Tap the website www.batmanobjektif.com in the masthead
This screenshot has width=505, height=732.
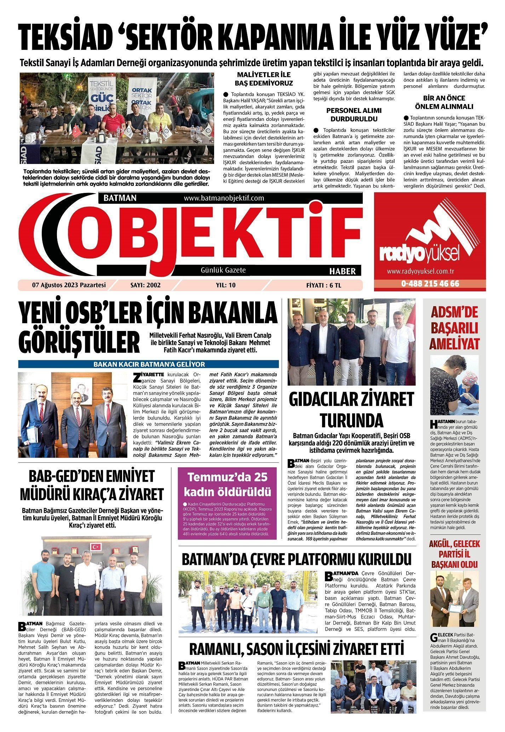[224, 198]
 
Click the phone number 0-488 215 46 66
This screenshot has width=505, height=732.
[430, 284]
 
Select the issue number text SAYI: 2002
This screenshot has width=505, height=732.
[145, 285]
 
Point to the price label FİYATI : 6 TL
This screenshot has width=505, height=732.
[324, 285]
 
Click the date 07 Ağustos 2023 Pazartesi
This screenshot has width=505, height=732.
[69, 285]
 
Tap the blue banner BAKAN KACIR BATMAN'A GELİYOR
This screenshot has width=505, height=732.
[149, 364]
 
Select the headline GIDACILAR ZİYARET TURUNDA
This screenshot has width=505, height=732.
[351, 410]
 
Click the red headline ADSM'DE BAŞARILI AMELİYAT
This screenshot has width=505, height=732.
[454, 328]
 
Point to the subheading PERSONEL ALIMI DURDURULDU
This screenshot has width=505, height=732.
[354, 114]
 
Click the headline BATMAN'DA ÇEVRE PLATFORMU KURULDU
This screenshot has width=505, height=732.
[296, 560]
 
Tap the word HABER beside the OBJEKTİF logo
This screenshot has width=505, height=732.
[342, 271]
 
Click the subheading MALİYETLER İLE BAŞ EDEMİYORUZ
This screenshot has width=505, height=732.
[264, 79]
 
